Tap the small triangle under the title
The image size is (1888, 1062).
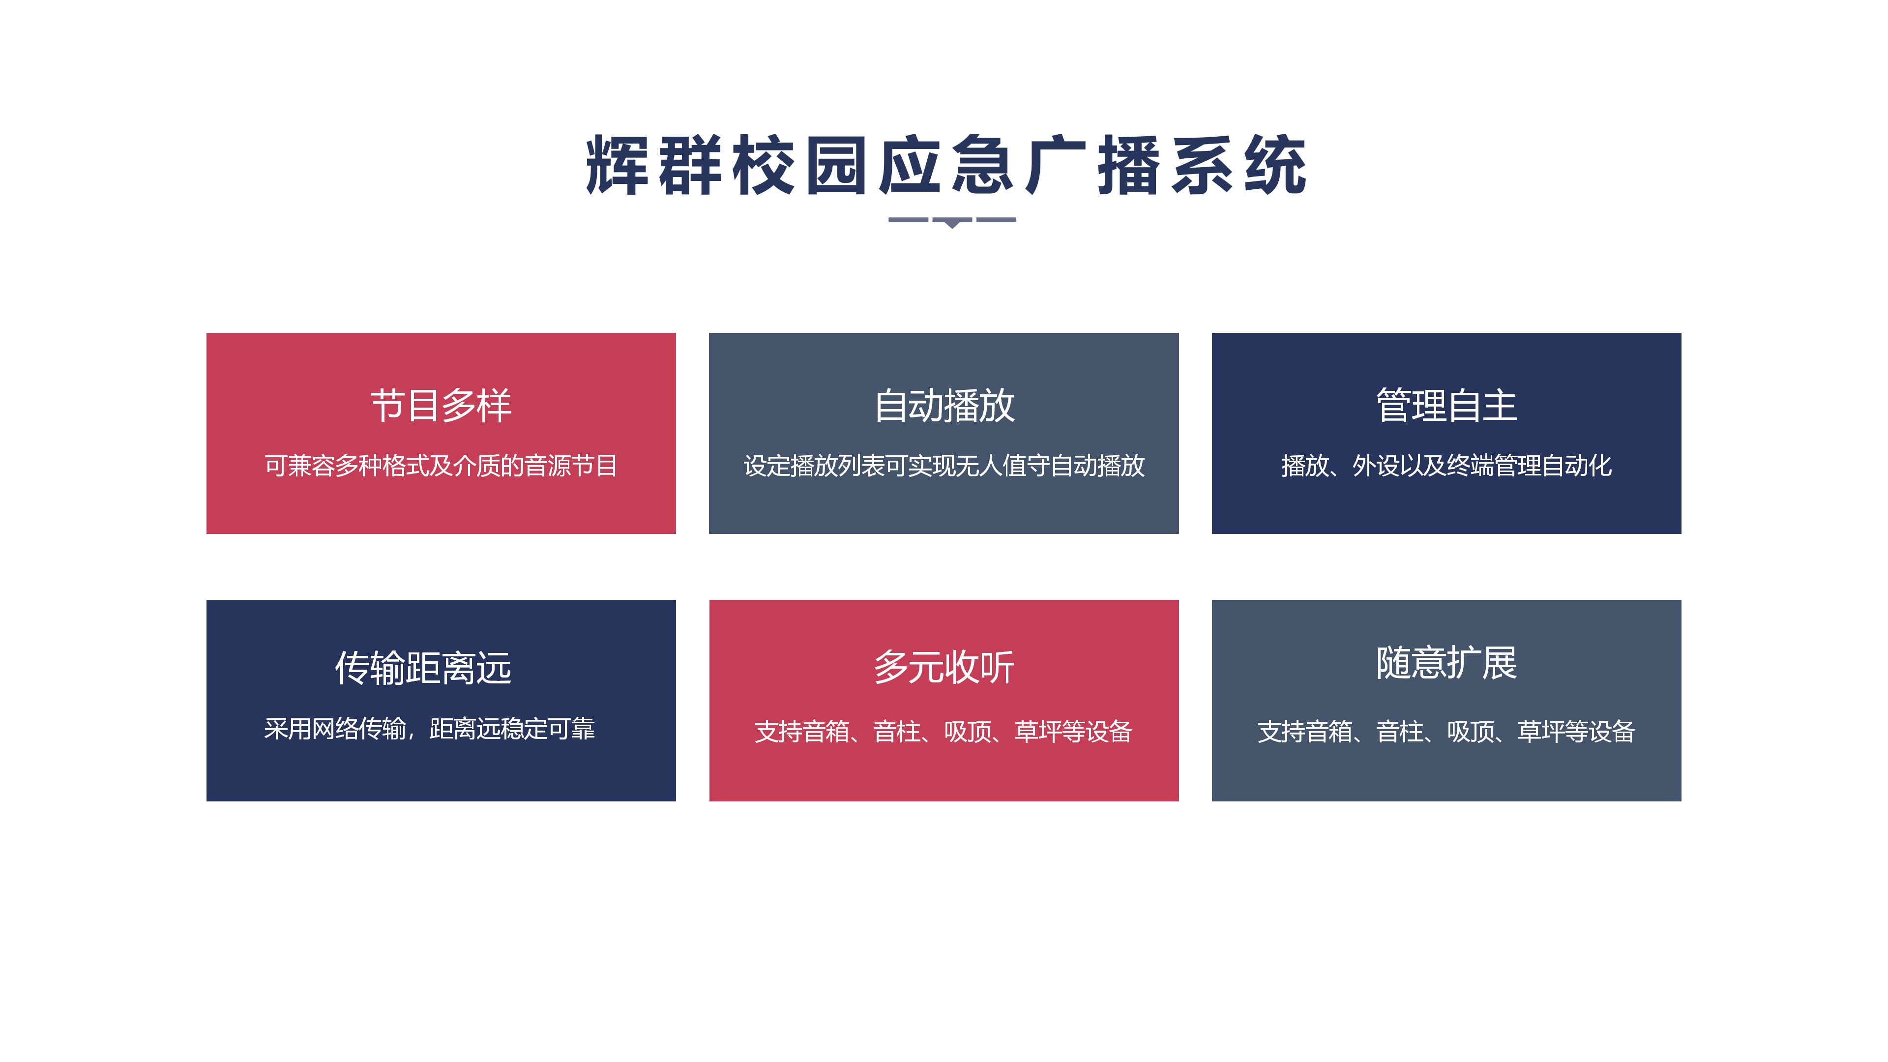click(951, 224)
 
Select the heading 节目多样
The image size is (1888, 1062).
click(441, 405)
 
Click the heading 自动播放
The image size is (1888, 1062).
click(944, 405)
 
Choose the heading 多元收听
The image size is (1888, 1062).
click(944, 667)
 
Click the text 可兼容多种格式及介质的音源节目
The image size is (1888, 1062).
click(441, 466)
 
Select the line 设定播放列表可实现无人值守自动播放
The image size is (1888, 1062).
click(944, 466)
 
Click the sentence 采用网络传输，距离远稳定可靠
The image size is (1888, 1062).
click(430, 729)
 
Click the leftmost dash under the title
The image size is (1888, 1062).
click(908, 219)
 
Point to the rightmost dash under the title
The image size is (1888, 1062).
click(996, 219)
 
